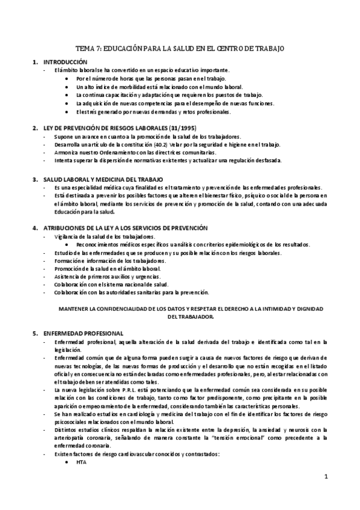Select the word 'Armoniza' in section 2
click(66, 153)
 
